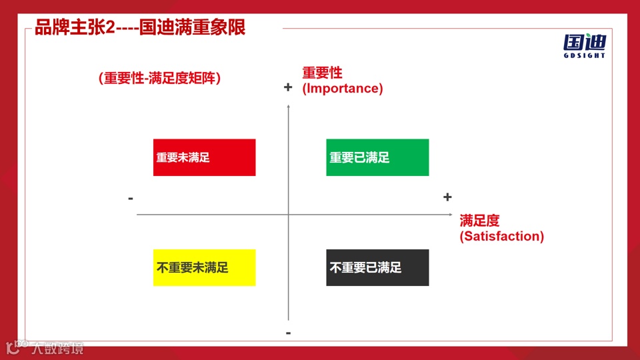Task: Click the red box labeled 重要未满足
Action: (x=204, y=157)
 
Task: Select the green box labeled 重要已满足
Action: (x=377, y=157)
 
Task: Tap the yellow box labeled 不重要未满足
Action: (x=204, y=267)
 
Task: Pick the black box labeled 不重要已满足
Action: (x=377, y=267)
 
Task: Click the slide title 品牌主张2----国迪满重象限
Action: (x=140, y=28)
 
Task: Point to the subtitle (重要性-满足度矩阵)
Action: (x=159, y=78)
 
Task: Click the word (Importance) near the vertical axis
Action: (x=343, y=89)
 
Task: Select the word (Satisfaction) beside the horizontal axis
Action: (x=501, y=237)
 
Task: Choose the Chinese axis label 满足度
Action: (x=479, y=221)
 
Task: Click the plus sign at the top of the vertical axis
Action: (x=288, y=87)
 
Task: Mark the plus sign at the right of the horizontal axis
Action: (x=447, y=197)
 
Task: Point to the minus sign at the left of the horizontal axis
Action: (x=131, y=198)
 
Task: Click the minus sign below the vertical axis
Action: (x=288, y=333)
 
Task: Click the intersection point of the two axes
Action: (x=289, y=214)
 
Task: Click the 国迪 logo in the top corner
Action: (x=585, y=42)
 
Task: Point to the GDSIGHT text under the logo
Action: (x=585, y=56)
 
